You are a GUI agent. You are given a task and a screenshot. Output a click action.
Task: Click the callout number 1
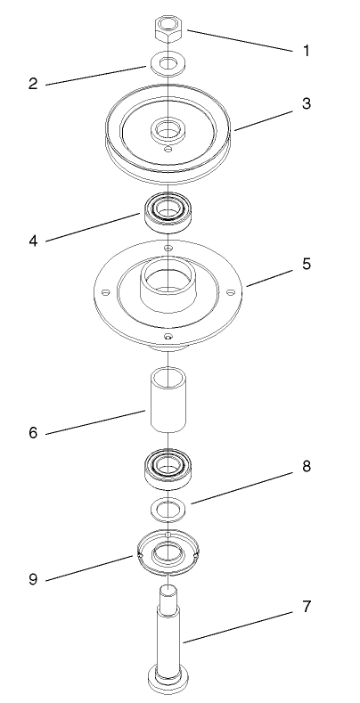(307, 51)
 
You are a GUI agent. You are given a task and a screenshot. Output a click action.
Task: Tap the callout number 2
(32, 85)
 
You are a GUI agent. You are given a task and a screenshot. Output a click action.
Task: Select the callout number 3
(307, 102)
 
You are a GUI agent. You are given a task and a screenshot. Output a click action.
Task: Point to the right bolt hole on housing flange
(231, 291)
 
